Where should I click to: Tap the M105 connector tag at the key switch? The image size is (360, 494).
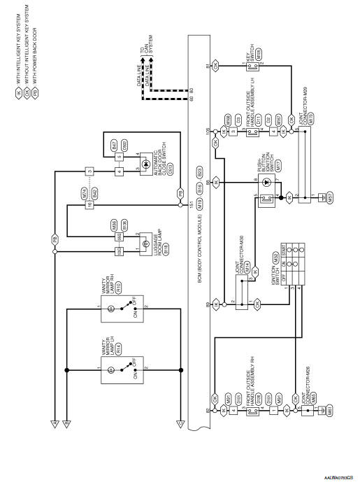[x=258, y=53]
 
